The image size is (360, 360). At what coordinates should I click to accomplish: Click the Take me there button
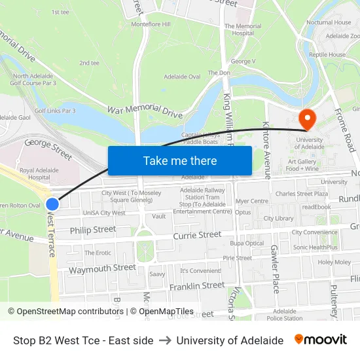click(180, 160)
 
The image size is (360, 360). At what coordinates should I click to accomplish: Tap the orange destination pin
click(306, 118)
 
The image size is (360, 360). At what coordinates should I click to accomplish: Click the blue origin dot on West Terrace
click(52, 204)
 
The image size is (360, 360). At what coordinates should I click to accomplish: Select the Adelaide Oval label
click(185, 77)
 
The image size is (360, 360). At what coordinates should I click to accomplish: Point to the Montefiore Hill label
click(151, 24)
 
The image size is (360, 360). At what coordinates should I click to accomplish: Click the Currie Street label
click(197, 235)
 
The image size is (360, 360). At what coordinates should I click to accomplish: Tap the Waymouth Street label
click(103, 268)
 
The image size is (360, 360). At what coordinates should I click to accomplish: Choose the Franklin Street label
click(196, 286)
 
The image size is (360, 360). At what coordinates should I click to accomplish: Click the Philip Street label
click(93, 230)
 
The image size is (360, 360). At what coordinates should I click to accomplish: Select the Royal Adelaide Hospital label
click(35, 173)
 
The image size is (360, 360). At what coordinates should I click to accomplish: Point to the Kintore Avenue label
click(266, 150)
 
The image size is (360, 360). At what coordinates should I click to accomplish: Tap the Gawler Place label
click(275, 268)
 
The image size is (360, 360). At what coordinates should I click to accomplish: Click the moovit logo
click(321, 340)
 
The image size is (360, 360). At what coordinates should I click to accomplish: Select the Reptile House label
click(327, 55)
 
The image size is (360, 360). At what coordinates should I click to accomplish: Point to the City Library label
click(278, 218)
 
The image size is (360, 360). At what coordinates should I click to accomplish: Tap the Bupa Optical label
click(247, 243)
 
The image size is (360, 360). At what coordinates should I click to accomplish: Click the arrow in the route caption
click(164, 340)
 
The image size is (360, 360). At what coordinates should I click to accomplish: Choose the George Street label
click(48, 150)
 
